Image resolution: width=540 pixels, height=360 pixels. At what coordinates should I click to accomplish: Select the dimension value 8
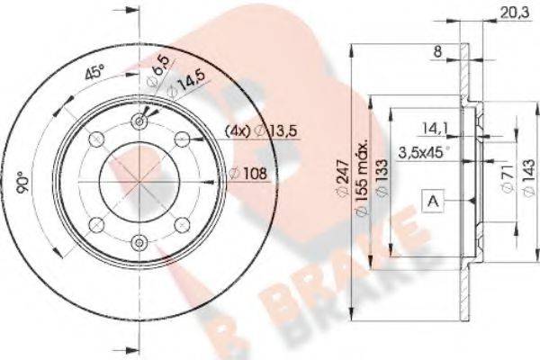click(436, 53)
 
